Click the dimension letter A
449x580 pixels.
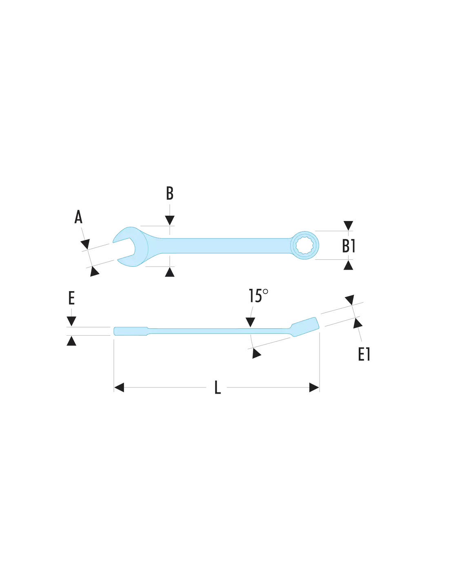78,217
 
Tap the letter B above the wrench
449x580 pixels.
170,193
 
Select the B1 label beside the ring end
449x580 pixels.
349,246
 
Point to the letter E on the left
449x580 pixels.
71,298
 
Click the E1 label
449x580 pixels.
364,354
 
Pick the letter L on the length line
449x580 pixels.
218,387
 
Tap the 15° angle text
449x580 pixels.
258,296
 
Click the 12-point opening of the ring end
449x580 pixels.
305,245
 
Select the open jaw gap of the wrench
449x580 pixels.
126,249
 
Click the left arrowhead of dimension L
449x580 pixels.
119,387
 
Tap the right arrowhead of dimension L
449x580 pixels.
314,387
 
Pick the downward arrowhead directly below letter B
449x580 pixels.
170,221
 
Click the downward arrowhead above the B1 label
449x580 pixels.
348,226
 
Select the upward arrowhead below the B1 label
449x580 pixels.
348,265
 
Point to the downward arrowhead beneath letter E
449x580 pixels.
71,321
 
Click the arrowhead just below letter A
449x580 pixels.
85,244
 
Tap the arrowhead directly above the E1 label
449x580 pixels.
358,323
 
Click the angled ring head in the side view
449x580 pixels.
305,327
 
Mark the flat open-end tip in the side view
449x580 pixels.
130,331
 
